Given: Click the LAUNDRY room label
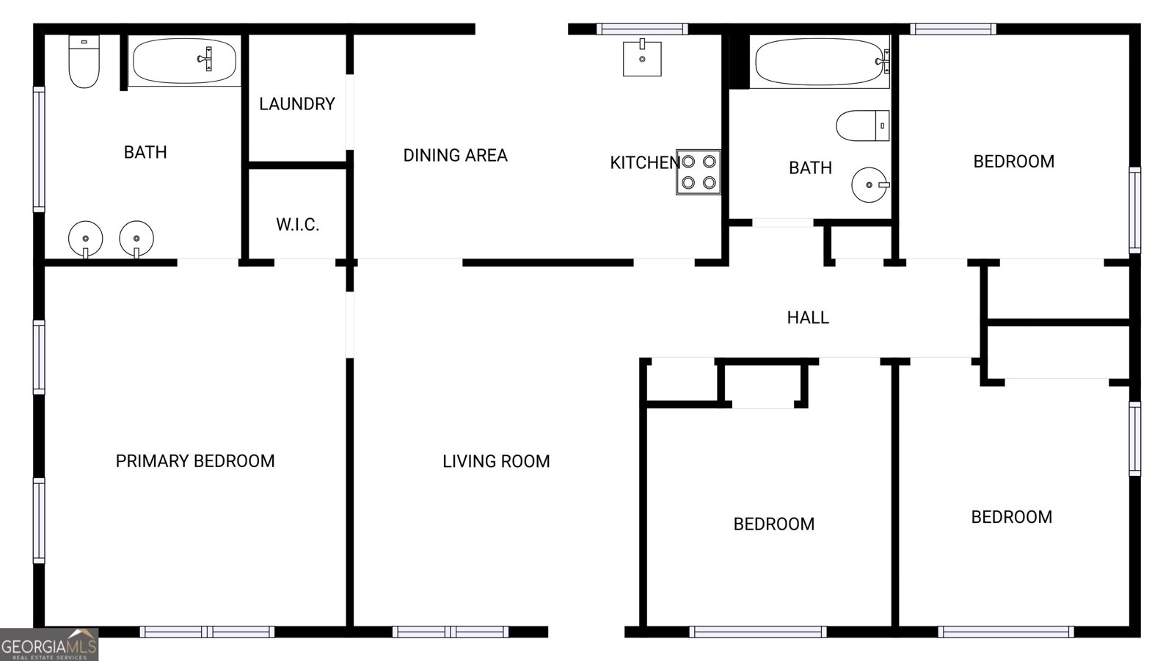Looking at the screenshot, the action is pos(296,104).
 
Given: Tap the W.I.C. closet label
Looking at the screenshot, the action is pos(297,225).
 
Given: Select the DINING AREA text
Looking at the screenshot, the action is pos(455,155).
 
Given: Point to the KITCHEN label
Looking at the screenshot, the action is pos(645,162).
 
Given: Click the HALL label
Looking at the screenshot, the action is pos(808,317).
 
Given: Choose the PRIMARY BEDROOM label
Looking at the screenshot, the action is pos(195,461).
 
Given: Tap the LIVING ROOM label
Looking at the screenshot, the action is pos(496,462).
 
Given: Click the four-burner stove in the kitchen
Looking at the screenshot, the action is pos(698,172).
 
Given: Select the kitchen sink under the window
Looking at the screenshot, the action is pos(642,58).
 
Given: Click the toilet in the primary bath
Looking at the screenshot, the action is pos(84,62).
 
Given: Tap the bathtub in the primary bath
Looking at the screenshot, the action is pos(184,61).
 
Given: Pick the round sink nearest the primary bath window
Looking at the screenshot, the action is pos(85,239).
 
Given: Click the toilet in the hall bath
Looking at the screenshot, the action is pos(863,126).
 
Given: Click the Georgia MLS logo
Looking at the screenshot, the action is pos(49,645).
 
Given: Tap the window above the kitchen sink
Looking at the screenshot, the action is pos(642,29).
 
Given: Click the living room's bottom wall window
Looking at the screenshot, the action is pos(451,632).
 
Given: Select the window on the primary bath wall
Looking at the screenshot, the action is pos(40,150).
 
